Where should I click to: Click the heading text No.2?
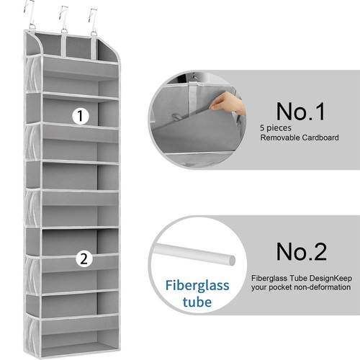[x=301, y=251]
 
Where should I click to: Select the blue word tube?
[x=187, y=302]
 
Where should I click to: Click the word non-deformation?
[x=316, y=287]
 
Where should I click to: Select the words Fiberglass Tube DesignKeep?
[x=301, y=276]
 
